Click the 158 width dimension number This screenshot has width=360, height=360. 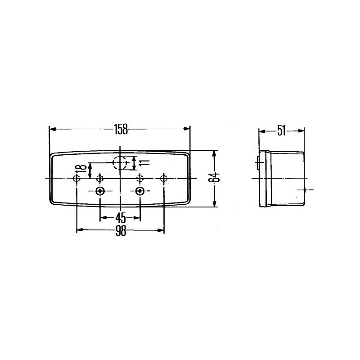(x=121, y=129)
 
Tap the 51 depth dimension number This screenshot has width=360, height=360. (x=281, y=131)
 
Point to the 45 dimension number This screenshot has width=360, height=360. (x=121, y=218)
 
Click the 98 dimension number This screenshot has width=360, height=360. (x=121, y=231)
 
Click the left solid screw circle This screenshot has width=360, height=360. (x=100, y=191)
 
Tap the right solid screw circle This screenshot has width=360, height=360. (x=140, y=191)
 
